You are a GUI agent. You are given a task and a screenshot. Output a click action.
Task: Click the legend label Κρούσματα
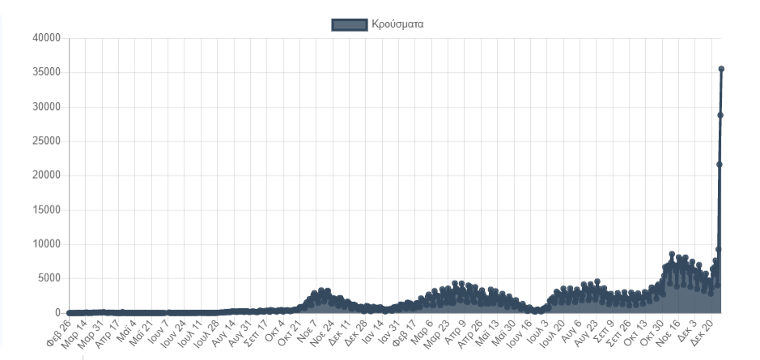(x=397, y=25)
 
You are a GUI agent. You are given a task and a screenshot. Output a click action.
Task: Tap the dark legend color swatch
(x=350, y=25)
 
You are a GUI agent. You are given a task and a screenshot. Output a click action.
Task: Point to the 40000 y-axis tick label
(x=45, y=38)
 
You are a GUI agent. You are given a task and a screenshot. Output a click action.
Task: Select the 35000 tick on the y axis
(x=45, y=73)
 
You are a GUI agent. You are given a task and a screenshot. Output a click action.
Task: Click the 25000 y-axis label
(x=45, y=142)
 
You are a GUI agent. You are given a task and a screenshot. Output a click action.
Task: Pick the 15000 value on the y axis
(x=45, y=210)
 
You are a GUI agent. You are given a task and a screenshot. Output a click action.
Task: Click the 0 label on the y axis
(x=57, y=313)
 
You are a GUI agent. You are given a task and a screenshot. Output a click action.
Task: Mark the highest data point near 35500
(x=721, y=69)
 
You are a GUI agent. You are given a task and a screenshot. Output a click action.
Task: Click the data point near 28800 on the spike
(x=720, y=115)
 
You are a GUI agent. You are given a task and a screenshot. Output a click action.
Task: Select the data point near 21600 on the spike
(x=720, y=164)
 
